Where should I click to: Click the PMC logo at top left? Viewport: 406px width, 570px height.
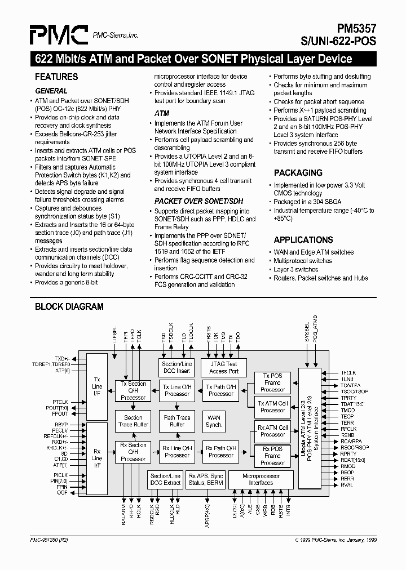(x=59, y=35)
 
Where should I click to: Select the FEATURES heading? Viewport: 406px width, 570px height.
(x=56, y=77)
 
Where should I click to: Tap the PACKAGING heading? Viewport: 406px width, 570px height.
(x=298, y=173)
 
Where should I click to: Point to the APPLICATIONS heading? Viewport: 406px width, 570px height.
(x=303, y=239)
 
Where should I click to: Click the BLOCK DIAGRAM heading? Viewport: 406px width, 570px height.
(x=69, y=307)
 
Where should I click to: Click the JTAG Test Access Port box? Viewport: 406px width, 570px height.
(x=224, y=368)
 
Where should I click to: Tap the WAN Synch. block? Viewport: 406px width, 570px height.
(x=214, y=421)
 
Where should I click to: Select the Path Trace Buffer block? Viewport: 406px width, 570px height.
(x=177, y=421)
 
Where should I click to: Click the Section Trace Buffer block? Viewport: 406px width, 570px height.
(x=133, y=421)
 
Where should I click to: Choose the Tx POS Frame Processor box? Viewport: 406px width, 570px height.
(x=272, y=382)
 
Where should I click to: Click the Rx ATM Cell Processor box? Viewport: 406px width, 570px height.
(x=272, y=431)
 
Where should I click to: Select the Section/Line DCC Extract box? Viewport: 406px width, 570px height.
(x=165, y=479)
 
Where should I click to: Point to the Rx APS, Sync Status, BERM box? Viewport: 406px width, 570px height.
(x=206, y=479)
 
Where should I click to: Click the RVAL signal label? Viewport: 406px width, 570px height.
(x=347, y=485)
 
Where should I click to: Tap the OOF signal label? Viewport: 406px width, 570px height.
(x=62, y=493)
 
